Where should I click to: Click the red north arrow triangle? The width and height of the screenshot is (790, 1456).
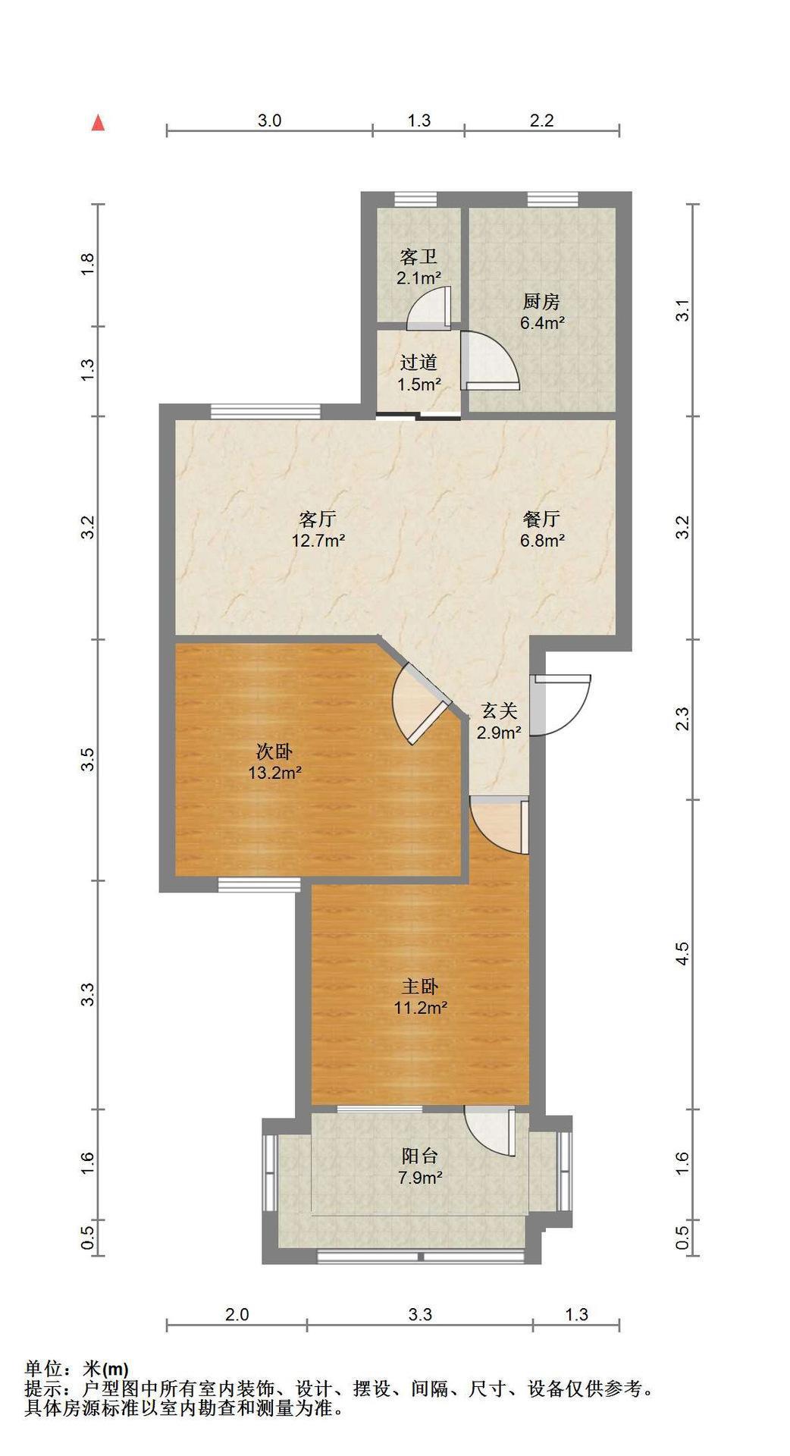pyautogui.click(x=98, y=123)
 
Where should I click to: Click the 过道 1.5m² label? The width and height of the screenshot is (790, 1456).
pyautogui.click(x=419, y=373)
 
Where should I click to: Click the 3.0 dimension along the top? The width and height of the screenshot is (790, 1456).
pyautogui.click(x=270, y=120)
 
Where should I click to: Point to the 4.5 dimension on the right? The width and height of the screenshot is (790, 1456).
pyautogui.click(x=682, y=953)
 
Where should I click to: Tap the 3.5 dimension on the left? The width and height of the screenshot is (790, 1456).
pyautogui.click(x=88, y=759)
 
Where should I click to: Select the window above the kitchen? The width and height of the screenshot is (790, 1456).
pyautogui.click(x=553, y=199)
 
